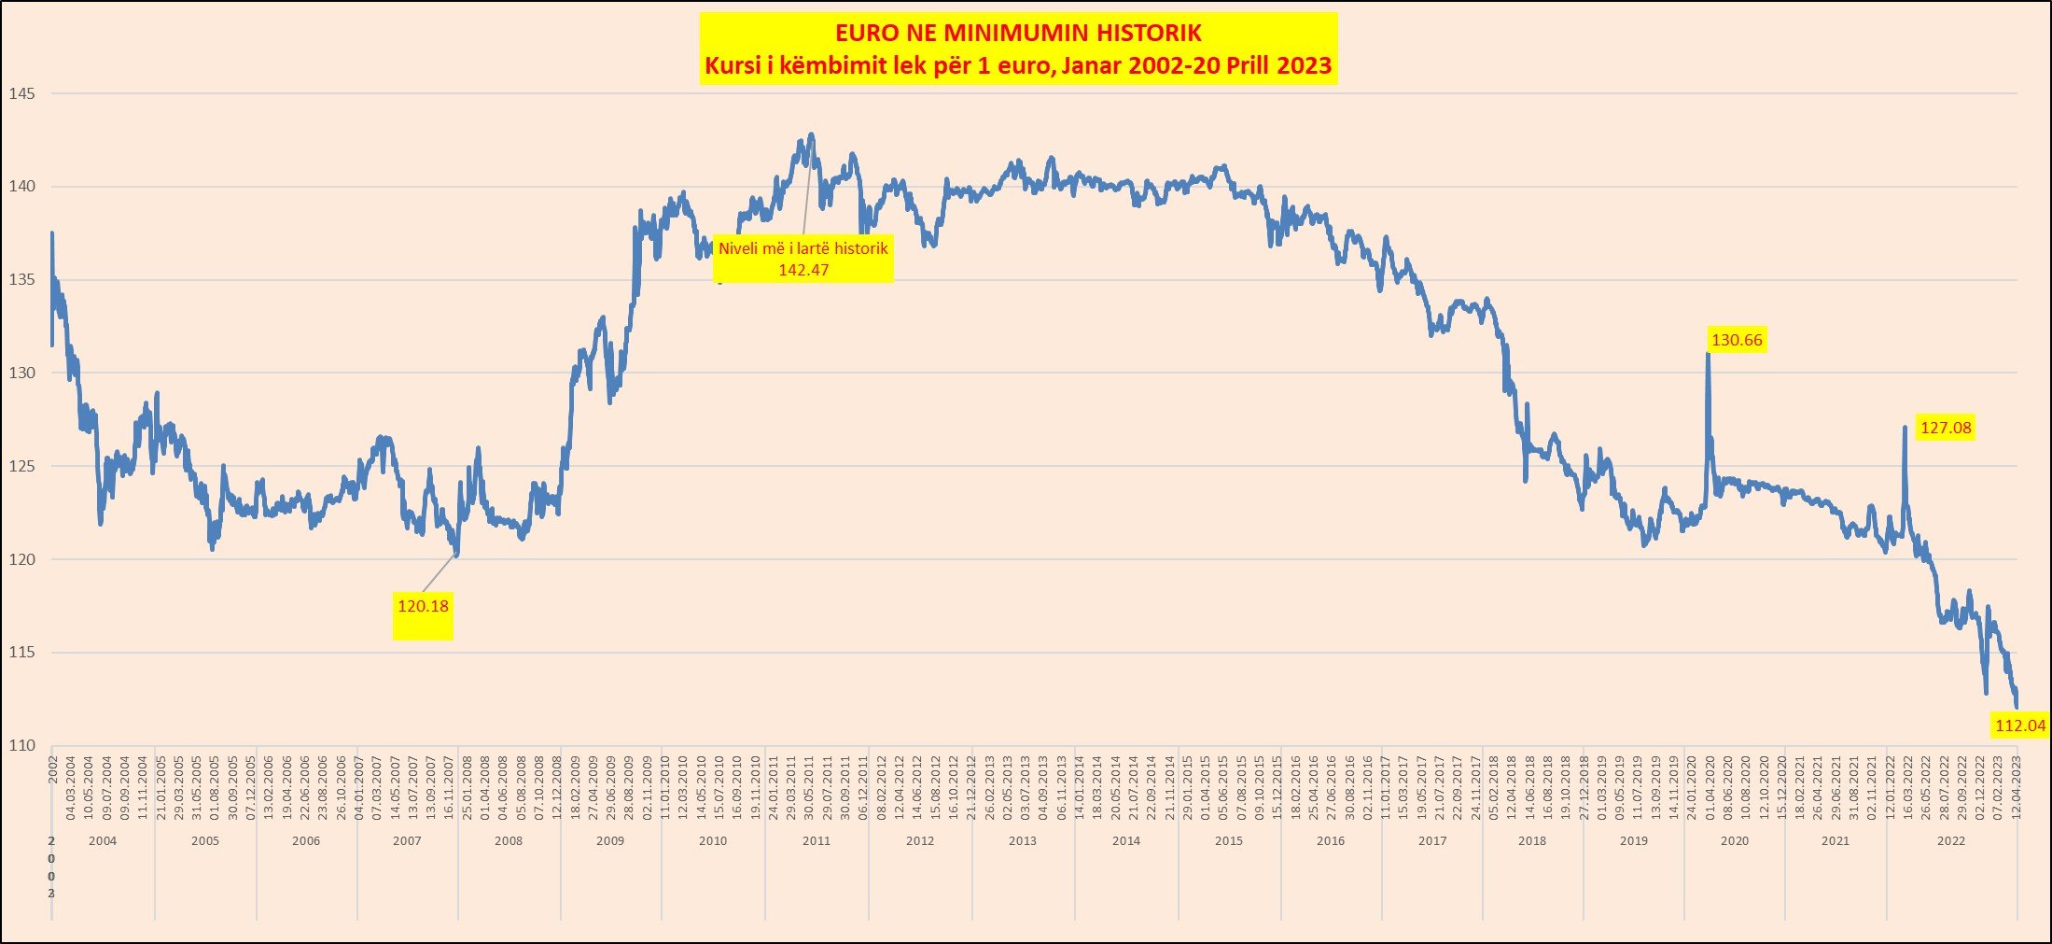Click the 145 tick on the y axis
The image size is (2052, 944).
(21, 93)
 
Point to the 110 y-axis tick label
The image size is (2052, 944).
(21, 745)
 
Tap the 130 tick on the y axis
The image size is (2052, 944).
(21, 373)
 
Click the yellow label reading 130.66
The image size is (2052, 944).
(1737, 340)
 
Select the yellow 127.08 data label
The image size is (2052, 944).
(1946, 428)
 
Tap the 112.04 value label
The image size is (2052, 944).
(2019, 726)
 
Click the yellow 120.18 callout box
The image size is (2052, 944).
(423, 606)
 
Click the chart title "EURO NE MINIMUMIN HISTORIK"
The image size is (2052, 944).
(1018, 34)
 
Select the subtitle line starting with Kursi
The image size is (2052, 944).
(1018, 66)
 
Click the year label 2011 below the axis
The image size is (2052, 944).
(816, 841)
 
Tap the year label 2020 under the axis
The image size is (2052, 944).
(1734, 841)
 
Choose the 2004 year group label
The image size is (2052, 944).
(103, 841)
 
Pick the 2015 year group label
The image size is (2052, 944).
(1228, 841)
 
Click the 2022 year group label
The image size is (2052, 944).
(1950, 841)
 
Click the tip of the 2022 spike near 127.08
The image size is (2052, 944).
(1905, 428)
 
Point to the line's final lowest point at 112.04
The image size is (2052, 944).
(2017, 707)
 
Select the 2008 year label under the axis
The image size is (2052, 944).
(509, 841)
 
